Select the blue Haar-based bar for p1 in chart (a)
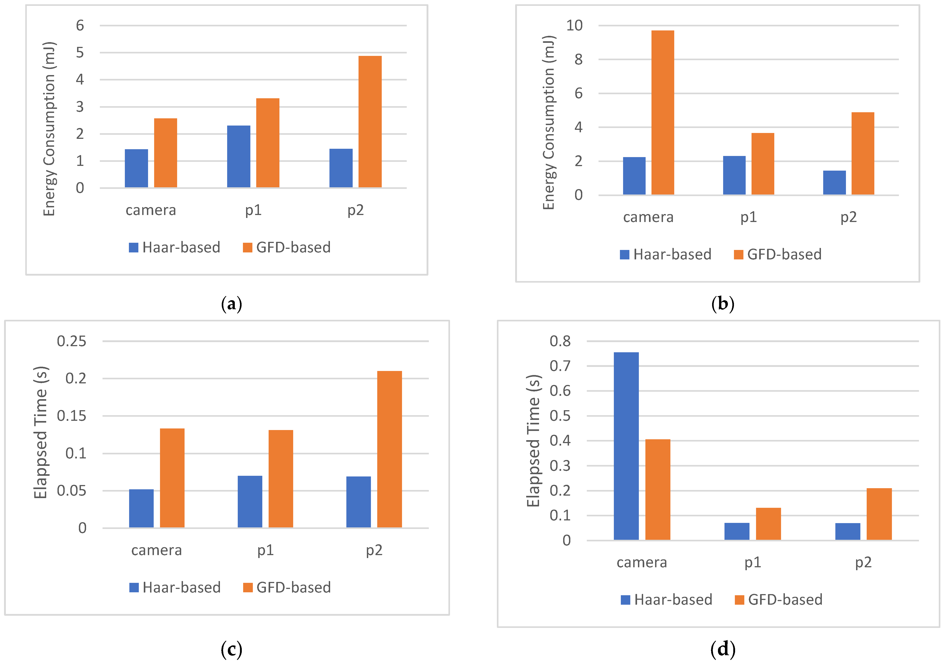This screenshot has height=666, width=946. (x=239, y=157)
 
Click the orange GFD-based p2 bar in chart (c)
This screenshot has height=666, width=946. (x=389, y=449)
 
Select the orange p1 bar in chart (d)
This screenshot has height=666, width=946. (x=768, y=523)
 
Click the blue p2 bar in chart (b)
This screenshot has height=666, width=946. (x=834, y=183)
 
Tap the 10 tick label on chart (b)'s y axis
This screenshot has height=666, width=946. (x=574, y=25)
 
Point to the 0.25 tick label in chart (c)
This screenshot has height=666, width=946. (x=72, y=341)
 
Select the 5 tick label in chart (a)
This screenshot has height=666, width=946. (x=80, y=53)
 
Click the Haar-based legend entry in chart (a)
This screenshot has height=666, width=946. (x=175, y=247)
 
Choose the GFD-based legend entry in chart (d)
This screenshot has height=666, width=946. (x=779, y=600)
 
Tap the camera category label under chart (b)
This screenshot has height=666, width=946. (x=648, y=217)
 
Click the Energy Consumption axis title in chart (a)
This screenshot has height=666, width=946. (x=49, y=129)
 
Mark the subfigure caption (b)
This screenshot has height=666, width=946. (x=723, y=304)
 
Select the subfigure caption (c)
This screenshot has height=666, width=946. (x=232, y=650)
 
